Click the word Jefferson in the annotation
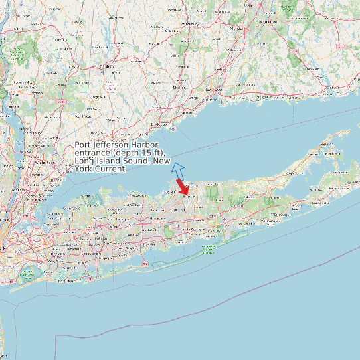pyautogui.click(x=109, y=145)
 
